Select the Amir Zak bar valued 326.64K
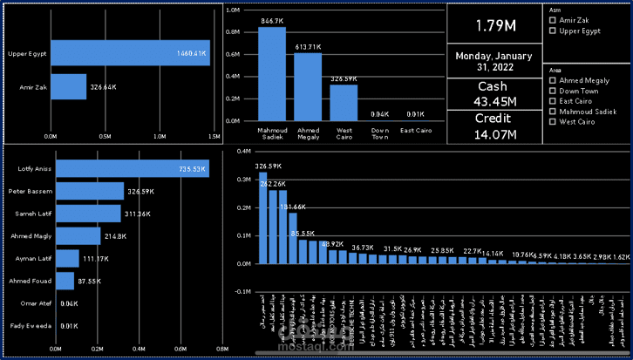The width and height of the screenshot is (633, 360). coord(68,87)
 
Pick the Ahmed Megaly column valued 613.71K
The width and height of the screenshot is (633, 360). coord(308,86)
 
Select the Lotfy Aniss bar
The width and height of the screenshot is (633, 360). coord(132,169)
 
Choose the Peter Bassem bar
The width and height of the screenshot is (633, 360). coord(89,191)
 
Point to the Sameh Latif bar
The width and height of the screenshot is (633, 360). coord(87,214)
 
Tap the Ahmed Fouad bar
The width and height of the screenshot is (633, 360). coord(65,281)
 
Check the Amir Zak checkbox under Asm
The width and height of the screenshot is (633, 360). coord(551,20)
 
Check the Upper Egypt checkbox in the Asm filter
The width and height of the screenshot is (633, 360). coord(551,31)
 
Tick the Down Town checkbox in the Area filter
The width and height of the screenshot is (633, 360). coord(551,91)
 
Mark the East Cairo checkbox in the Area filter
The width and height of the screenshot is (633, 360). coord(551,101)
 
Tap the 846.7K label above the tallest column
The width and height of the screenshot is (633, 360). coord(271,20)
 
